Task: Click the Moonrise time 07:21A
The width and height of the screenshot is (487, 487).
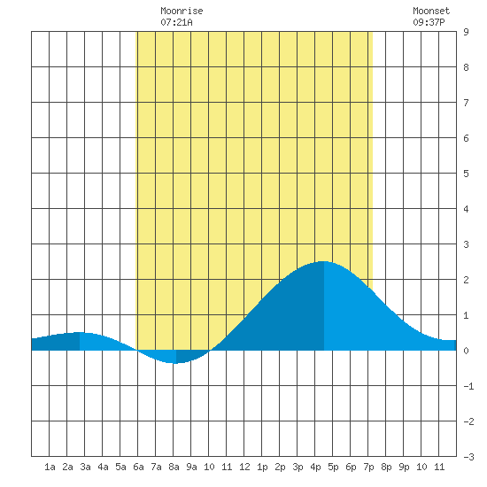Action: (176, 22)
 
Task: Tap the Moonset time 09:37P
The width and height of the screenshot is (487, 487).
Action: (429, 22)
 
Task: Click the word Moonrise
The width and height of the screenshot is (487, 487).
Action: (182, 11)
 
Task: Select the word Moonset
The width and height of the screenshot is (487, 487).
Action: (431, 11)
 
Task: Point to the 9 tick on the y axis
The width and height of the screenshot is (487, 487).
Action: (466, 32)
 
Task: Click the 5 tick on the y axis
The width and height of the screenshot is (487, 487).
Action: (466, 174)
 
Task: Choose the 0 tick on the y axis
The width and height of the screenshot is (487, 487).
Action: (466, 351)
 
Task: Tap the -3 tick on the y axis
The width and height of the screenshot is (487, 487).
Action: (468, 457)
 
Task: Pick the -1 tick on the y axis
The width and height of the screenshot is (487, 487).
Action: (468, 386)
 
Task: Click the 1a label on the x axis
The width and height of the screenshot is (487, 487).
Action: (50, 467)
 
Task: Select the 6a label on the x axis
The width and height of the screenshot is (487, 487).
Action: (138, 467)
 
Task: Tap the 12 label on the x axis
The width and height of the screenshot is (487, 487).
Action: (244, 467)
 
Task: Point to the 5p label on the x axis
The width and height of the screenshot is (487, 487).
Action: (333, 467)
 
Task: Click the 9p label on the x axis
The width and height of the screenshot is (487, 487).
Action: (404, 467)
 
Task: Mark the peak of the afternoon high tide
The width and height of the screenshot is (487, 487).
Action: (324, 261)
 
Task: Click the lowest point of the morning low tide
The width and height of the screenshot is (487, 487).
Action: (176, 363)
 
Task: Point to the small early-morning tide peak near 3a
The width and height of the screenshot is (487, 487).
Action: (80, 332)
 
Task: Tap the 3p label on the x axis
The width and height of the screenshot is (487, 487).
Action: (298, 467)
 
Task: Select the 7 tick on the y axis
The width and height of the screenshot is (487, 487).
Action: (466, 103)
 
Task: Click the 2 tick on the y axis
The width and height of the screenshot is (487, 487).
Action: (466, 280)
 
